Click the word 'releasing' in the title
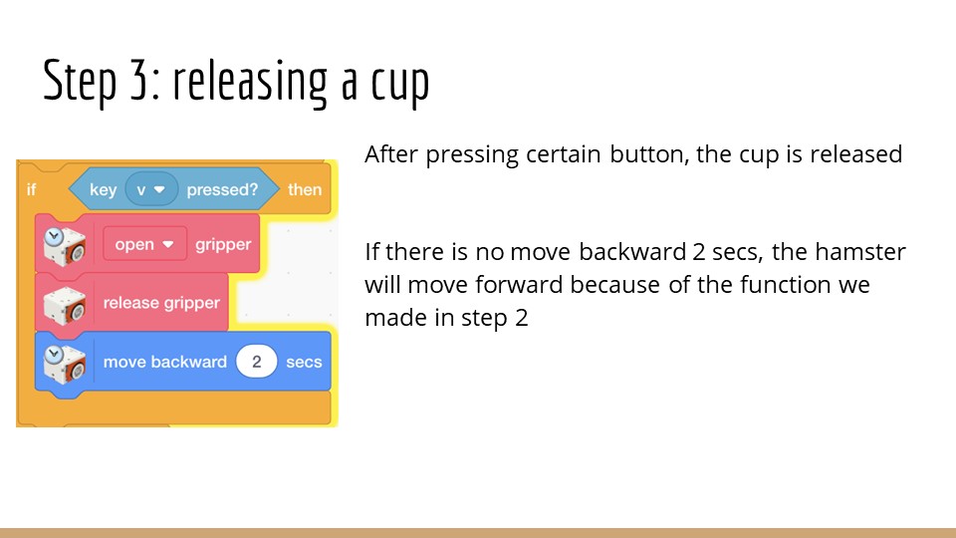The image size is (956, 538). coord(250,82)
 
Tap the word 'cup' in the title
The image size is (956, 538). coord(400,86)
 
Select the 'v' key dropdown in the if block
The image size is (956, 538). coord(151,189)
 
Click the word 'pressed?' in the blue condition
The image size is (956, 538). coord(222,189)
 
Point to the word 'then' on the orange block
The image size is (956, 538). coord(305,189)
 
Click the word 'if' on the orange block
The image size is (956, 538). coord(31,189)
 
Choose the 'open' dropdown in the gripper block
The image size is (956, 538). coord(145,244)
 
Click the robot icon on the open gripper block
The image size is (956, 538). coord(64,246)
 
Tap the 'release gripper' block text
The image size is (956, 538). coord(161,303)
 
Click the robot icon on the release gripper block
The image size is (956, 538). coord(65,305)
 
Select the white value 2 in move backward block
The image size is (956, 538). coord(257,362)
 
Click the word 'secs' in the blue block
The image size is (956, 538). coord(304,362)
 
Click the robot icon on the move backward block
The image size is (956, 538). coord(64,364)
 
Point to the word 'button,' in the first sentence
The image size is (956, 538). coord(649,155)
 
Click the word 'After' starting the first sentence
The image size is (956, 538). coord(390,153)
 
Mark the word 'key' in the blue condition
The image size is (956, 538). coord(103,190)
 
